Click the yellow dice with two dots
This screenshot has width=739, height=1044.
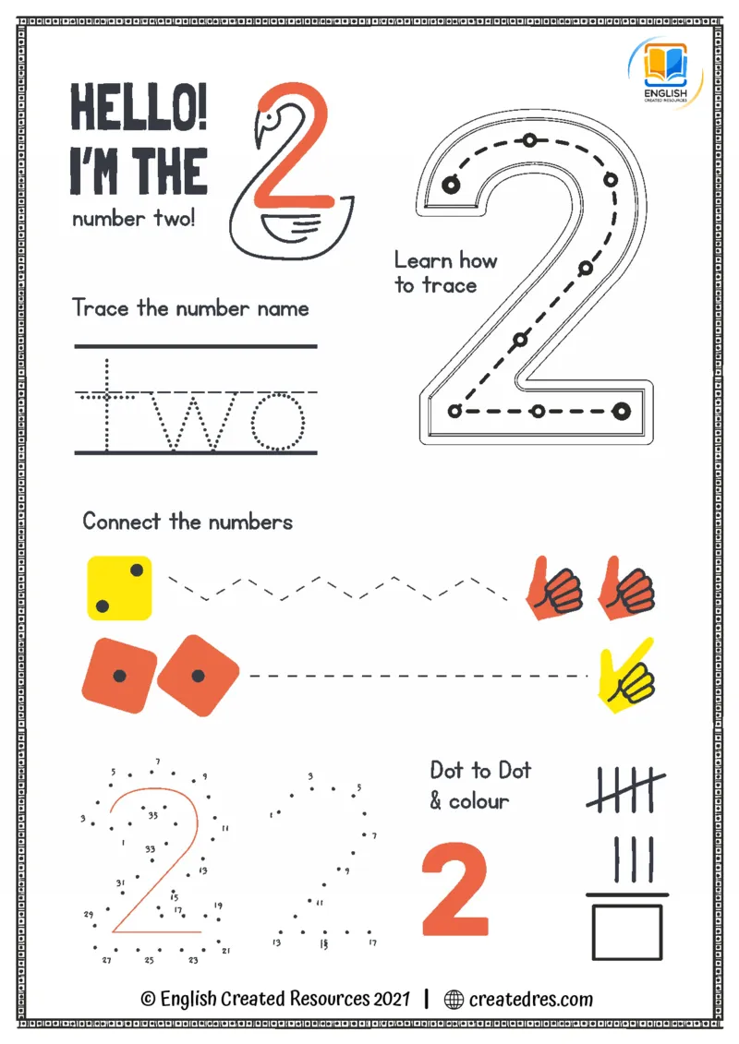coord(119,588)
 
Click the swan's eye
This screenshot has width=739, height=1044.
coord(268,121)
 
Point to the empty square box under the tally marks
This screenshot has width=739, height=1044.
coord(627,932)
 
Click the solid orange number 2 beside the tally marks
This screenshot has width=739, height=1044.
coord(455,889)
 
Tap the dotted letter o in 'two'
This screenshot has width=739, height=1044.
coord(278,422)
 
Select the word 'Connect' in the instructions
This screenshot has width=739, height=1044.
coord(121,521)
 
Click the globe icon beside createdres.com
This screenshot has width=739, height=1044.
coord(454,1000)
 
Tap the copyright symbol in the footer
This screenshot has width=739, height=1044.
coord(148,999)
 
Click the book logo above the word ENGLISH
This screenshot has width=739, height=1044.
coord(665,66)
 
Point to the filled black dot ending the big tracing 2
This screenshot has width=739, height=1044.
coord(621,412)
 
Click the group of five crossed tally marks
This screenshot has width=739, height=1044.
coord(625,789)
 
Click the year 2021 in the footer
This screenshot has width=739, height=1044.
coord(392,999)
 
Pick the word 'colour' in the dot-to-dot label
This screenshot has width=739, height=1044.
coord(479,801)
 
